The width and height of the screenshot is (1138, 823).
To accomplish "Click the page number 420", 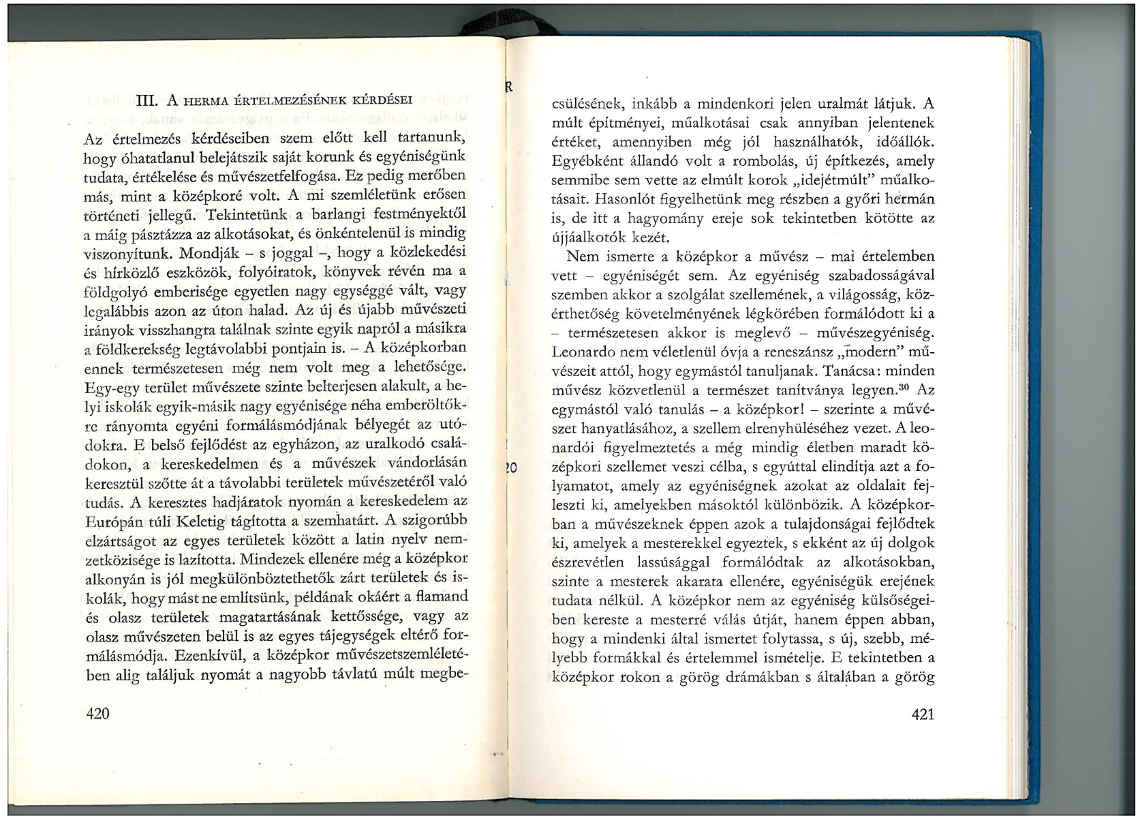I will coord(97,712).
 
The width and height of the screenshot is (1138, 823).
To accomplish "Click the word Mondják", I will coord(211,253).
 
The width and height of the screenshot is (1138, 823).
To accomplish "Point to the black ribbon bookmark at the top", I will coord(500,29).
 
